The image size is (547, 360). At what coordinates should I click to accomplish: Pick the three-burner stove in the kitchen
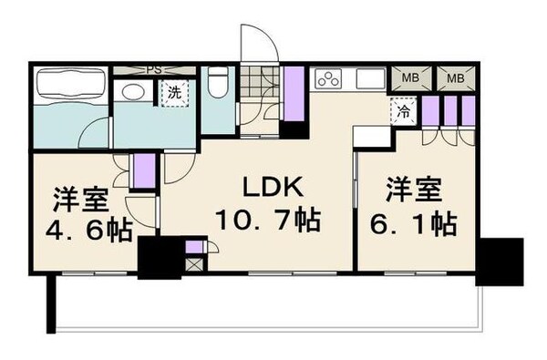pos(328,79)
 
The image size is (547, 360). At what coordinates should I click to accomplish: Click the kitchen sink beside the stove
pos(372,79)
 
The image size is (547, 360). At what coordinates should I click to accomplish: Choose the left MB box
pos(412,78)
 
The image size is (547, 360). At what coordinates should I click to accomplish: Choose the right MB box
pos(453,78)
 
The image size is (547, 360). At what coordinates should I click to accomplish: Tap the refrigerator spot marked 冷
pos(402,113)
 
